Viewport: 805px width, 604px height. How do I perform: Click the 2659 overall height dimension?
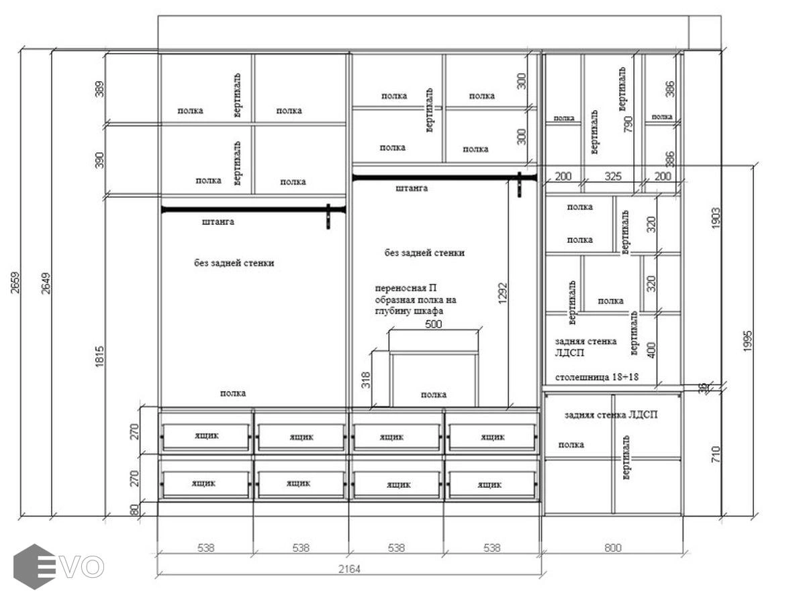pyautogui.click(x=15, y=283)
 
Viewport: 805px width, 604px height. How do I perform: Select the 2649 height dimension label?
pyautogui.click(x=46, y=283)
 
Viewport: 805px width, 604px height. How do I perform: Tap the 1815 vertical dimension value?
pyautogui.click(x=99, y=356)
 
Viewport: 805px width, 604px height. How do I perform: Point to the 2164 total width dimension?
pyautogui.click(x=349, y=568)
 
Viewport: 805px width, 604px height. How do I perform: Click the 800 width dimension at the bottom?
pyautogui.click(x=612, y=548)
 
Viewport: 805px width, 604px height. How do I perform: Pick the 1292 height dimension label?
pyautogui.click(x=503, y=293)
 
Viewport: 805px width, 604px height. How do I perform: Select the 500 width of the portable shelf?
pyautogui.click(x=433, y=324)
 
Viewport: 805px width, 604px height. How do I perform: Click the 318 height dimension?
pyautogui.click(x=366, y=380)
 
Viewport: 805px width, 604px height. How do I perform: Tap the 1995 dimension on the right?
pyautogui.click(x=747, y=341)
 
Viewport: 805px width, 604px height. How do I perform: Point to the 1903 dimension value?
pyautogui.click(x=716, y=218)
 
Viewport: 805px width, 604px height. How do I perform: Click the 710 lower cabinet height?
pyautogui.click(x=716, y=454)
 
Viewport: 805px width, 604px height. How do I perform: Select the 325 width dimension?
pyautogui.click(x=613, y=177)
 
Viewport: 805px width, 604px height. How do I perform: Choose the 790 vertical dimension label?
pyautogui.click(x=628, y=124)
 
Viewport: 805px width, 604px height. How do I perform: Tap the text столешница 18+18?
pyautogui.click(x=597, y=376)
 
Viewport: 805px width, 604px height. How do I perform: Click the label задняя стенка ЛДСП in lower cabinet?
pyautogui.click(x=611, y=415)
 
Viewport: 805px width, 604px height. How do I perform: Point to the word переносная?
pyautogui.click(x=400, y=288)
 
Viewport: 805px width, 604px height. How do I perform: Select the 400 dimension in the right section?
pyautogui.click(x=651, y=350)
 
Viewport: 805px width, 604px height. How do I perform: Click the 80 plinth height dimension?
pyautogui.click(x=134, y=510)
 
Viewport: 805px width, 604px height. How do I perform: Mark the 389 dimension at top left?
pyautogui.click(x=99, y=89)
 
